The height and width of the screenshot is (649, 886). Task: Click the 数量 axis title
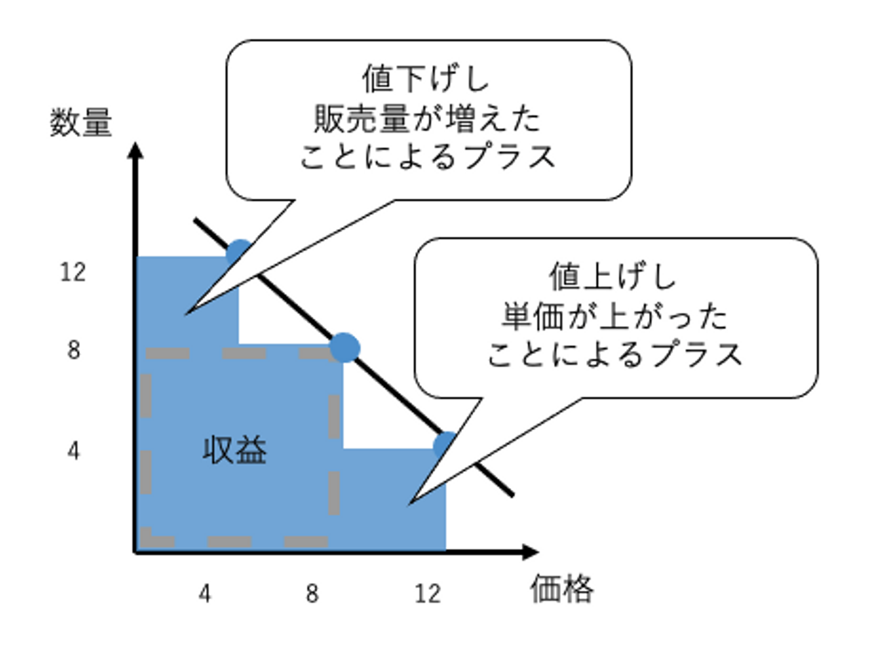[x=81, y=122]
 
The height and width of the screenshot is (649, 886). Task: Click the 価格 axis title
[x=562, y=589]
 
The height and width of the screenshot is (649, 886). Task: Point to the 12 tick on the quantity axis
[x=73, y=272]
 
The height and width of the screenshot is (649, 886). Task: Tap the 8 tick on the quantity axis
[x=73, y=350]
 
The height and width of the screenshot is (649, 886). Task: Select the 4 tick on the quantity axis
[x=73, y=451]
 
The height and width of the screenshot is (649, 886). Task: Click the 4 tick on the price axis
[x=204, y=594]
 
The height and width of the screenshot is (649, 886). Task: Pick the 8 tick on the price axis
[x=312, y=594]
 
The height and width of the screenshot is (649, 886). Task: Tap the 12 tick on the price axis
[x=427, y=594]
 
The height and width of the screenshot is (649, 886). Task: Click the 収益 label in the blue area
[x=234, y=450]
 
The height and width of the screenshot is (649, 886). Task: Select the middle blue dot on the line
[x=345, y=348]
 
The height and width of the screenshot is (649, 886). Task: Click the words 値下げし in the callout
[x=426, y=79]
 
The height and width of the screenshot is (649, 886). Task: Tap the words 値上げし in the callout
[x=613, y=276]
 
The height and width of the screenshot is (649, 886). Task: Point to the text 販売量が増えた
[x=427, y=118]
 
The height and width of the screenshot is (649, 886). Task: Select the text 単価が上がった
[x=614, y=316]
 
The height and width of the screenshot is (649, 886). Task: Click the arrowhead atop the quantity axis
[x=135, y=150]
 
